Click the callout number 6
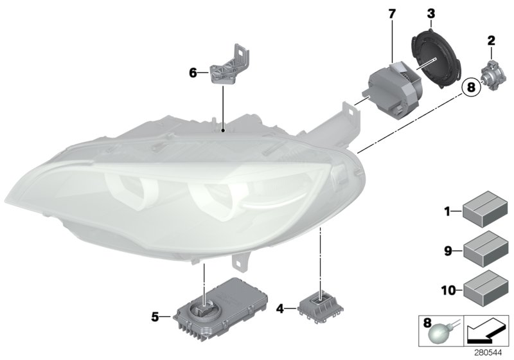tap(193, 73)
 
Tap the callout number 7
tap(392, 12)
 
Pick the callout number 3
tap(430, 12)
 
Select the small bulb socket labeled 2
tap(491, 73)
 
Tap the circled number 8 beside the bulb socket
tap(472, 87)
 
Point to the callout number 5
tap(155, 316)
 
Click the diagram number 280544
tap(492, 353)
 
